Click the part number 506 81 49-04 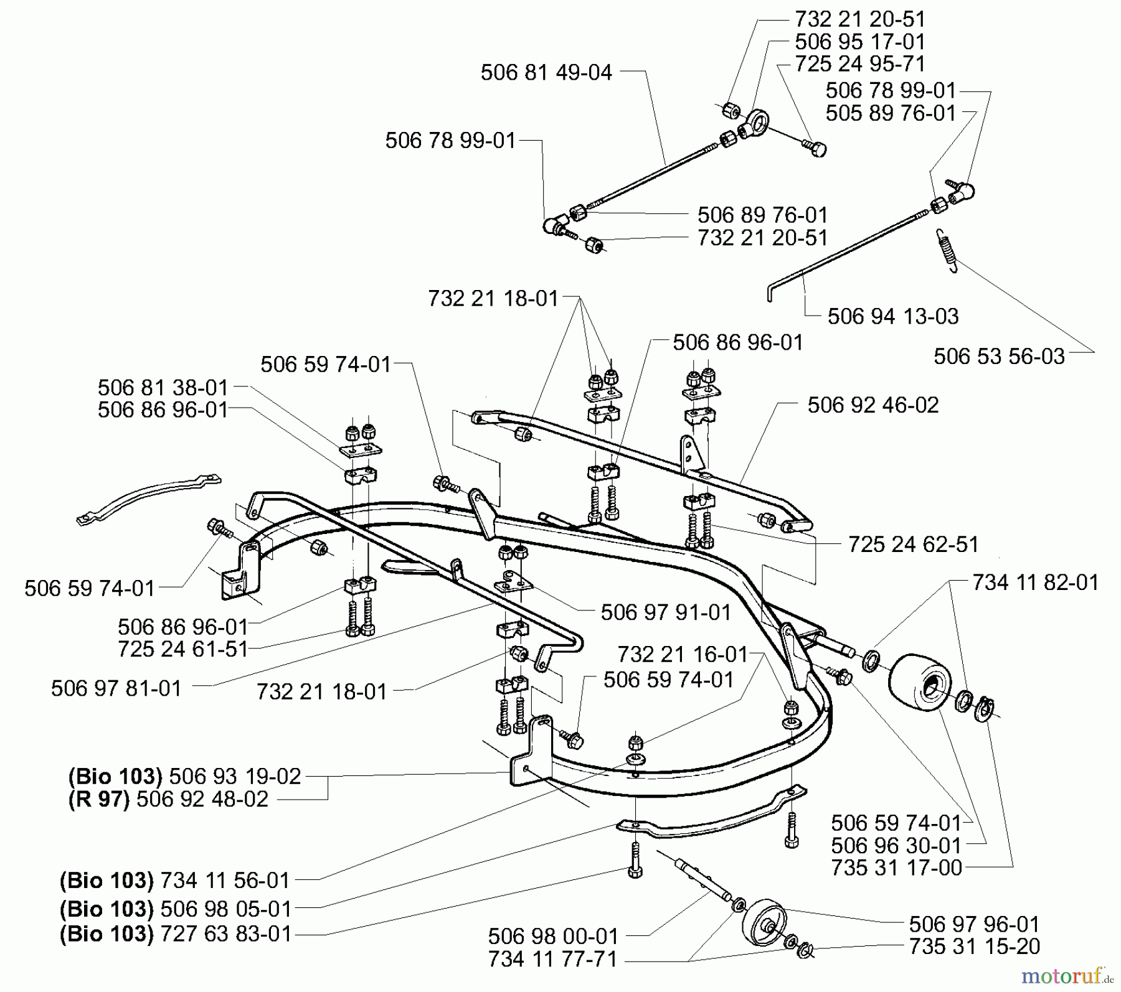click(546, 73)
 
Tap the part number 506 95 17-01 click(860, 42)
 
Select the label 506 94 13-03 click(892, 316)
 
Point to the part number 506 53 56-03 click(999, 356)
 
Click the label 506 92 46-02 click(873, 405)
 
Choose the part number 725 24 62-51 click(913, 545)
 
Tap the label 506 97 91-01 click(665, 612)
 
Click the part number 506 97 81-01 click(116, 688)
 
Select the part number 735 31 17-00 click(896, 868)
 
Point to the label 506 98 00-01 click(553, 936)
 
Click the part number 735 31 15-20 click(974, 946)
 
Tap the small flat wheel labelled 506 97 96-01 click(766, 924)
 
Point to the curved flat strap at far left click(148, 498)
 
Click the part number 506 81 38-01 click(163, 388)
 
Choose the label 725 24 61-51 click(182, 649)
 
